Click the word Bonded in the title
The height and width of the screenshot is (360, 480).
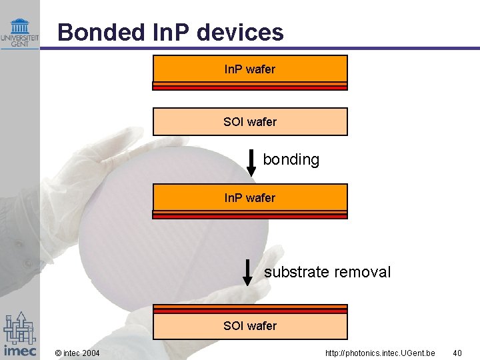click(x=89, y=32)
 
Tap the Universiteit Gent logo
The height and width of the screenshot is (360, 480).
click(x=19, y=33)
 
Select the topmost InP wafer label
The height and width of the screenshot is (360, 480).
click(x=250, y=69)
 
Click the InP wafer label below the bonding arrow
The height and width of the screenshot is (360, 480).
click(x=250, y=197)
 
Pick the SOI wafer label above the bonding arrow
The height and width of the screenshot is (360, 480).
click(x=250, y=121)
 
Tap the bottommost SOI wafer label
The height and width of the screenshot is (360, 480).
click(x=250, y=325)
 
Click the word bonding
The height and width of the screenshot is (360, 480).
click(x=291, y=160)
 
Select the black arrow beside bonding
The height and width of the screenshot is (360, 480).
click(x=251, y=163)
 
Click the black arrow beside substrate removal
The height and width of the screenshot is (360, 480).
click(x=247, y=272)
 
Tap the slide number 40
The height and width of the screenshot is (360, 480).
click(x=457, y=352)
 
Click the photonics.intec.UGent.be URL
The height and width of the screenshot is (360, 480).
click(x=380, y=352)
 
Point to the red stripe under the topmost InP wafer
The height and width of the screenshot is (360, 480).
click(x=250, y=85)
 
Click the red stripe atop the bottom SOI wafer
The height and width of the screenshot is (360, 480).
click(x=250, y=309)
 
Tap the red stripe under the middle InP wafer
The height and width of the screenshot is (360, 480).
click(x=250, y=215)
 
